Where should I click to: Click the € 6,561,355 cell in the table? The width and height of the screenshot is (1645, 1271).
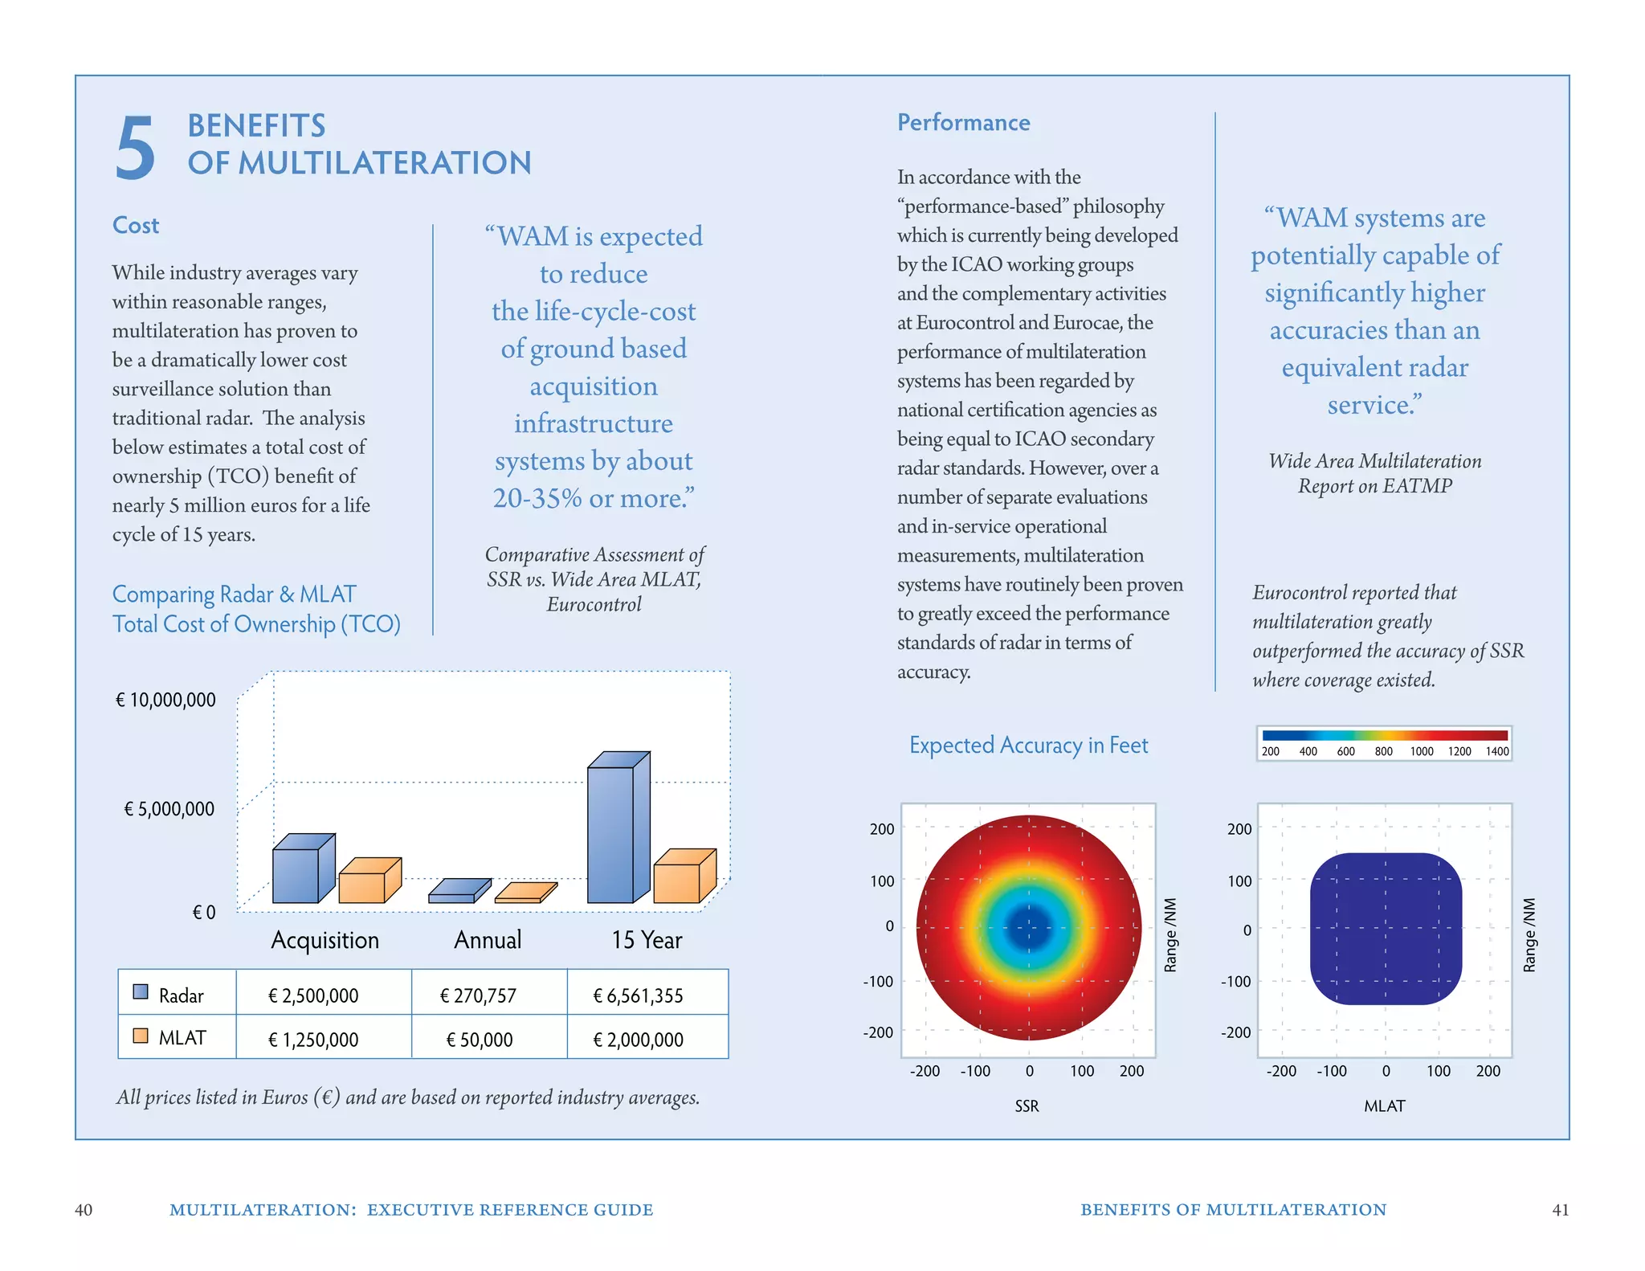638,996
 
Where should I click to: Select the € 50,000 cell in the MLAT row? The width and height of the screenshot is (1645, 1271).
480,1040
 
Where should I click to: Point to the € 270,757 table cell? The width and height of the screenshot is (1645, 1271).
478,996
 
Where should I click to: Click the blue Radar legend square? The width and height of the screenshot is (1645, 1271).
141,991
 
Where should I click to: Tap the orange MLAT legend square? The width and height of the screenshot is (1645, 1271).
141,1036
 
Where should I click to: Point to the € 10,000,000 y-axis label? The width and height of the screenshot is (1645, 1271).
166,700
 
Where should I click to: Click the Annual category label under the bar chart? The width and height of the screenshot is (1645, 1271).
488,940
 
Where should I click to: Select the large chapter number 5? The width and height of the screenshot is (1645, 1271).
135,147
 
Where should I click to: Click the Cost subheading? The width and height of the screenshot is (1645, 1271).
136,225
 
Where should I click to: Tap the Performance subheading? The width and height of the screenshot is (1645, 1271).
963,122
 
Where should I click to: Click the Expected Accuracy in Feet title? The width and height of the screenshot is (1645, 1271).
1028,746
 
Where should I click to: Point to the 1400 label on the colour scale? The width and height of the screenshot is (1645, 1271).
1496,752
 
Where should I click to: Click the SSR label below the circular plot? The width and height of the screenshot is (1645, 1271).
1027,1106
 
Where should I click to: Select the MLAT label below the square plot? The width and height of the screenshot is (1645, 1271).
1384,1106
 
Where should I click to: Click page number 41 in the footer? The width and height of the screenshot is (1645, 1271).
1560,1210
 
